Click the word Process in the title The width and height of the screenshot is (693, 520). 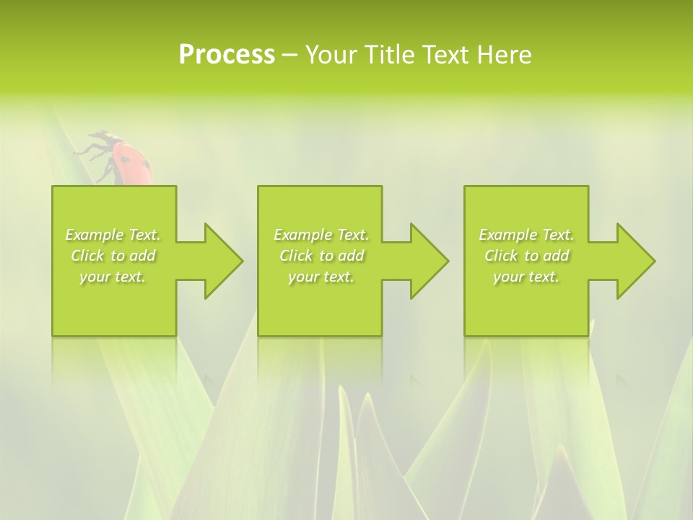click(x=227, y=55)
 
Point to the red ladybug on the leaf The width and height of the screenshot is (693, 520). click(x=130, y=162)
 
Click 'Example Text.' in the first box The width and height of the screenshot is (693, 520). click(x=113, y=235)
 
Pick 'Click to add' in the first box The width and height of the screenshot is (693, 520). click(x=113, y=256)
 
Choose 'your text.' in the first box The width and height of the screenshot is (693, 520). click(x=113, y=277)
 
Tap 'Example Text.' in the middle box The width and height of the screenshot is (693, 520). click(x=321, y=235)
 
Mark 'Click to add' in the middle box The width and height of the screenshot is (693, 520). click(x=321, y=256)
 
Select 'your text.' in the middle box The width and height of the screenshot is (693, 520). click(x=321, y=277)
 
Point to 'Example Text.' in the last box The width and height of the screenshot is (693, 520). click(x=526, y=235)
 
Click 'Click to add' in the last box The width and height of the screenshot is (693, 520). click(x=526, y=256)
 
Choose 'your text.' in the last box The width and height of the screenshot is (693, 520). click(x=526, y=277)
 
